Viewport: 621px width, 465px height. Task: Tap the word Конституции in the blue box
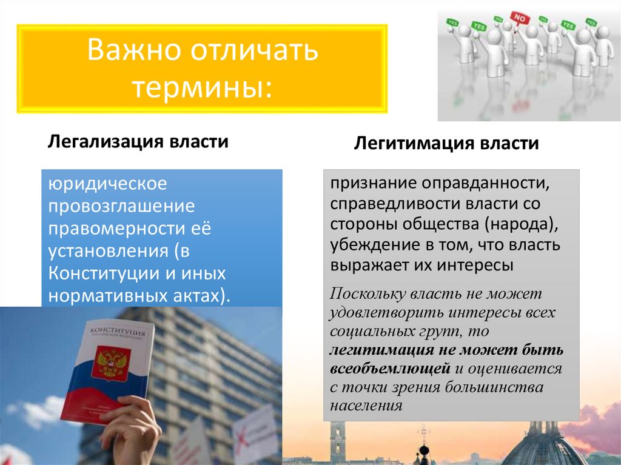pyautogui.click(x=99, y=274)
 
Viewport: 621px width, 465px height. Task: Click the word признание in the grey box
pyautogui.click(x=371, y=182)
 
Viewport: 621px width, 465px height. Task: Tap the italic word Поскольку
pyautogui.click(x=368, y=295)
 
